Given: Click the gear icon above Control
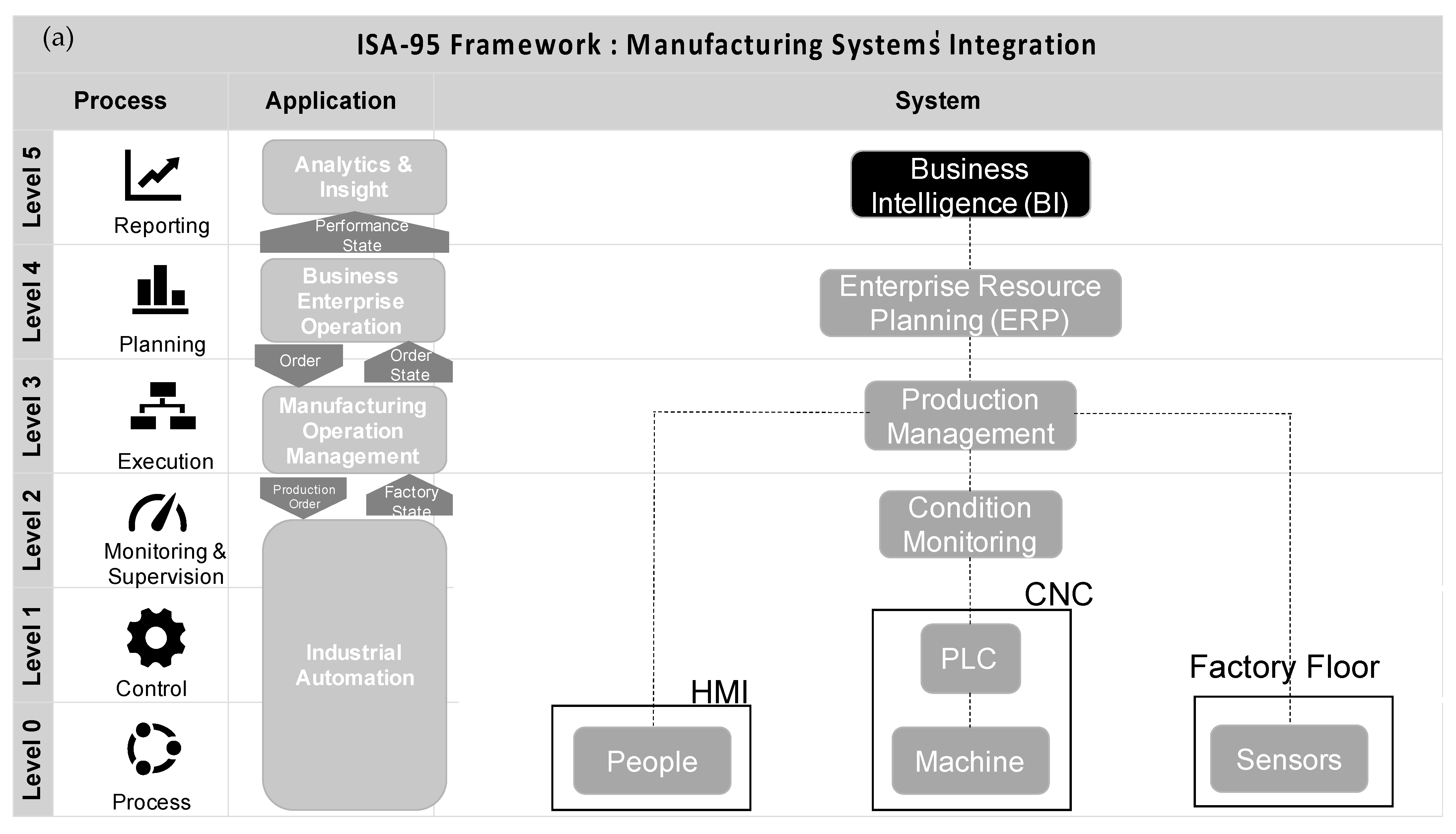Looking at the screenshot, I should pos(156,638).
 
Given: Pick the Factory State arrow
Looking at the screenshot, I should pos(410,497).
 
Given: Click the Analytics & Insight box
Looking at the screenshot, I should pos(354,177).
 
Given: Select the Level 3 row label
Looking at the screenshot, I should pos(33,416).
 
